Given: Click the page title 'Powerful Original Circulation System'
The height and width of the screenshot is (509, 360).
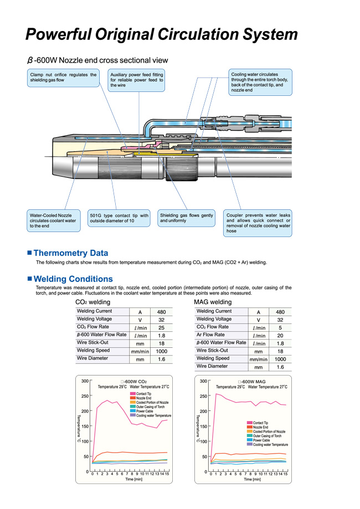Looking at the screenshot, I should tap(162, 35).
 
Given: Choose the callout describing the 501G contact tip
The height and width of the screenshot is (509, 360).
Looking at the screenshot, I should tap(119, 218).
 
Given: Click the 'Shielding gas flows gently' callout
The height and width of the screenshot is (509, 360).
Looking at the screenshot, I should tap(186, 218).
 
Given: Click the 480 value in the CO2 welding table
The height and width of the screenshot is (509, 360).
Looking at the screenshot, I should tap(162, 312).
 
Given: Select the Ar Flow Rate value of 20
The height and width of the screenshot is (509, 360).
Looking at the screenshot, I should tap(280, 335).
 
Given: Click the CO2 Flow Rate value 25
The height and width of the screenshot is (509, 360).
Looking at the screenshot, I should tap(162, 328).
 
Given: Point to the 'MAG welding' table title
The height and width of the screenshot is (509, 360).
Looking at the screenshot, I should tap(213, 302).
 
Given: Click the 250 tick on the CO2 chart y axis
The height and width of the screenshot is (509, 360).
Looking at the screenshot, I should tap(84, 396).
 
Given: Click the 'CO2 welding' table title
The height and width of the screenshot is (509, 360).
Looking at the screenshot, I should tap(93, 302).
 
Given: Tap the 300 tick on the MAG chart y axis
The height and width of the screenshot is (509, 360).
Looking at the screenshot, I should tap(203, 381).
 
